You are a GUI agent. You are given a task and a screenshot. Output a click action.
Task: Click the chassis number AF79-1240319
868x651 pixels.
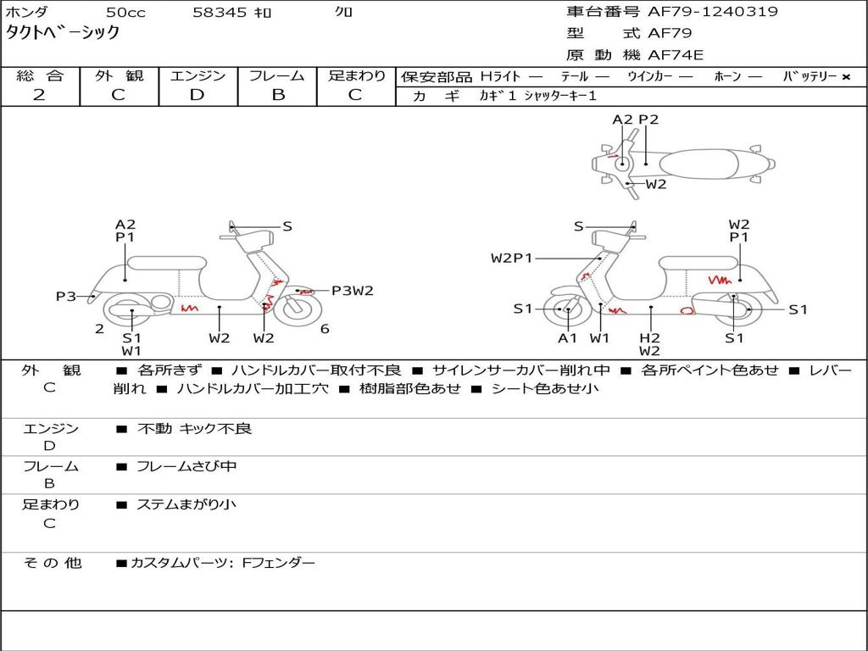pos(713,12)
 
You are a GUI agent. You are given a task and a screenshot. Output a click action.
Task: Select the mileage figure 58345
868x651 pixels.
pos(220,12)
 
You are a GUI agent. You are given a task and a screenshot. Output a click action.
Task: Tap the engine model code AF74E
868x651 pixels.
pos(676,55)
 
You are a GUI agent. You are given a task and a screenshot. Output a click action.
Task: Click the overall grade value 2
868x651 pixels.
pos(39,95)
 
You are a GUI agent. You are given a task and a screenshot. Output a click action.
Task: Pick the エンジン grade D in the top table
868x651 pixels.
pos(197,95)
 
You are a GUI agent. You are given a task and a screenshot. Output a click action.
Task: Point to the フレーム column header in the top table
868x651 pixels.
pos(277,75)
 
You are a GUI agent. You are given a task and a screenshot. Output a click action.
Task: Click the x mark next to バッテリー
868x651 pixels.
pos(846,77)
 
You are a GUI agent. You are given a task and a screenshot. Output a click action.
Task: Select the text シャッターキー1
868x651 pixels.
pos(559,96)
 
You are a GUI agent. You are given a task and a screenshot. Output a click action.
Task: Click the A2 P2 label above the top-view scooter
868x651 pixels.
pos(636,120)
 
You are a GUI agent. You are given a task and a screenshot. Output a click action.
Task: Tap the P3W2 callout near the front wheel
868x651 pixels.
pos(352,291)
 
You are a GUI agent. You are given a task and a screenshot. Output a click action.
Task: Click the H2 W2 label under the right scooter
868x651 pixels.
pos(650,344)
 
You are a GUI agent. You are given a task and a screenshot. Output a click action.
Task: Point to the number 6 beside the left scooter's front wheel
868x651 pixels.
pos(325,329)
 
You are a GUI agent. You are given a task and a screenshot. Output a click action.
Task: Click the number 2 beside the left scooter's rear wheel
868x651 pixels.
pos(99,329)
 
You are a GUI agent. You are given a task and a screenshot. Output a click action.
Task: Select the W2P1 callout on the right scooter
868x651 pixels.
pos(511,258)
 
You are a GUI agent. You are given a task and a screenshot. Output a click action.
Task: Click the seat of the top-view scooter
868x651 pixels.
pos(698,164)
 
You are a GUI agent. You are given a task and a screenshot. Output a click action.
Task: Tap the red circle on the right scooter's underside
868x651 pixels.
pos(687,311)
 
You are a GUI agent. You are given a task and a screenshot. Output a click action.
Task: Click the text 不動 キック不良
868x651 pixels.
pos(194,428)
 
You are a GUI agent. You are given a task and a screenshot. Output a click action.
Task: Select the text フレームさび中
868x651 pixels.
pos(186,467)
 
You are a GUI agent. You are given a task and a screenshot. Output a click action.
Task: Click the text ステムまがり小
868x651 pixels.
pos(186,504)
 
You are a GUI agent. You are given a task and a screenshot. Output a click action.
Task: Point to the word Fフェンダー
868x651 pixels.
pos(279,563)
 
